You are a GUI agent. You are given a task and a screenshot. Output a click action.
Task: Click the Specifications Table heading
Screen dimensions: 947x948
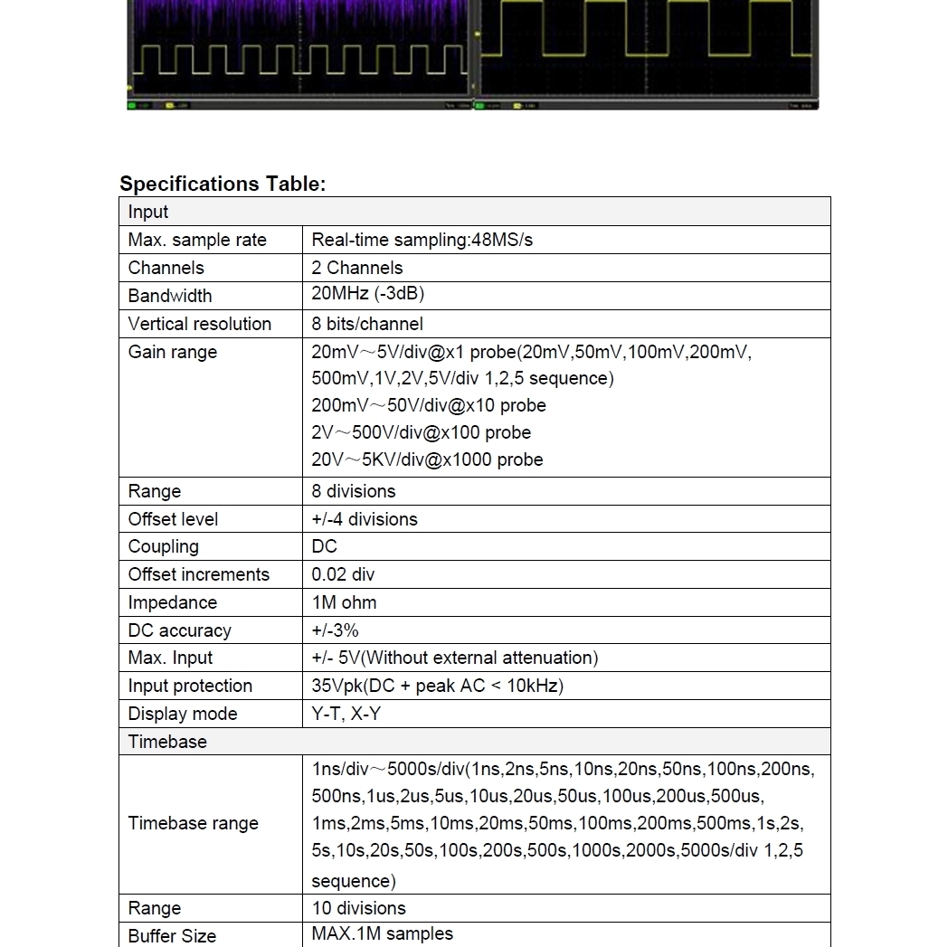point(223,184)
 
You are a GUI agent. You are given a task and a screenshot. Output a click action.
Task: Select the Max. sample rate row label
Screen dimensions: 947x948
point(197,240)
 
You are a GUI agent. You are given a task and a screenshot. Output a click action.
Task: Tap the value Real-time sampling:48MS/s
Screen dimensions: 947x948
point(422,240)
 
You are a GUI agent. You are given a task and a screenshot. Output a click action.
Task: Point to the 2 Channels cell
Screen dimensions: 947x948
point(356,268)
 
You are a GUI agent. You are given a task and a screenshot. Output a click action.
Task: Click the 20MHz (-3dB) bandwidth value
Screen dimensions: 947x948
point(367,294)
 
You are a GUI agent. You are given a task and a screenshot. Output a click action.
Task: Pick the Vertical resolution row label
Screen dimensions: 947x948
point(199,324)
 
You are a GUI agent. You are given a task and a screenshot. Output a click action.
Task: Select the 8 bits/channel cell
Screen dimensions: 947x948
point(366,324)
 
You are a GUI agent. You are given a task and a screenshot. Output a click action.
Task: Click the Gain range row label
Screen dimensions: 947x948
point(172,352)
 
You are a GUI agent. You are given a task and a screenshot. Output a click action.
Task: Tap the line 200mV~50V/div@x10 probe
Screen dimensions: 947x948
point(428,405)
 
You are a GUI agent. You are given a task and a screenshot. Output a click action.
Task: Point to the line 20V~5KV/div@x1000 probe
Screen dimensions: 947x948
point(427,459)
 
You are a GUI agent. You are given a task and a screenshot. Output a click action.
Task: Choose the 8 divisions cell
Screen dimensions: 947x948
point(353,491)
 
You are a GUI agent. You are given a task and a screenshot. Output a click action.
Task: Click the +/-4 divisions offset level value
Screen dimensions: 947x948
point(364,519)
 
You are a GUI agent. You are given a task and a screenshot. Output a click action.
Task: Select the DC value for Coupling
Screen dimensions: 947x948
point(324,546)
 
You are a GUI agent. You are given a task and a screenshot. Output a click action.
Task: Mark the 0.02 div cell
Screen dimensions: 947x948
point(342,574)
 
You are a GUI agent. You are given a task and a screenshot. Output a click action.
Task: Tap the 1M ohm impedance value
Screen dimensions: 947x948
point(344,602)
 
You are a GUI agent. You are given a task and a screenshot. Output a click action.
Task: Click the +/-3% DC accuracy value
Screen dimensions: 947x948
point(335,630)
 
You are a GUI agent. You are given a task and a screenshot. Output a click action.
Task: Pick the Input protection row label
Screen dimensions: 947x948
point(190,686)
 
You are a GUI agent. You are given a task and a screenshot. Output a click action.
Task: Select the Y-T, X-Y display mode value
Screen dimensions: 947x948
point(346,714)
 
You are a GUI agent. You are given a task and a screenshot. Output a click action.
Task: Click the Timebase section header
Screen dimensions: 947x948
point(167,742)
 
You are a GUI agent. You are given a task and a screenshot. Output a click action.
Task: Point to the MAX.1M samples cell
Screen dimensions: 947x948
point(382,933)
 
